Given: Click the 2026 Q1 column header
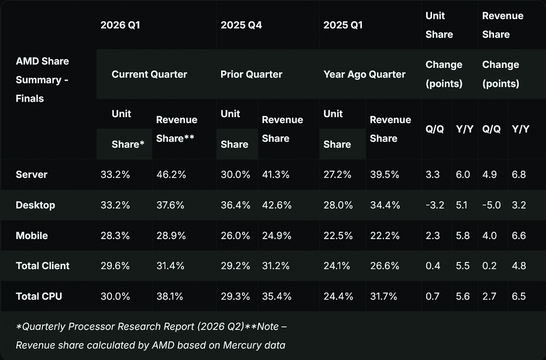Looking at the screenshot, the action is tap(120, 25).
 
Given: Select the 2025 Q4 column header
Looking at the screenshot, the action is tap(241, 25).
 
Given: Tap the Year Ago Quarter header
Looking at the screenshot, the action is tap(364, 74).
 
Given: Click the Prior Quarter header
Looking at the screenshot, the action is tap(252, 74).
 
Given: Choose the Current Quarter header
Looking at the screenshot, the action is tap(149, 74).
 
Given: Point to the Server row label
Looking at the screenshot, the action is tap(32, 174).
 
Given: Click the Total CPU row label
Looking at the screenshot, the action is tap(39, 296).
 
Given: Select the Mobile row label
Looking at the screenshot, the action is tap(32, 236).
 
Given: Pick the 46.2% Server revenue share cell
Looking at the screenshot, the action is tap(171, 174).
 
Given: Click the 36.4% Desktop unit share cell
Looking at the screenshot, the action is tap(236, 205).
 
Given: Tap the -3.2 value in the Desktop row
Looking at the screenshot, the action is tap(435, 205).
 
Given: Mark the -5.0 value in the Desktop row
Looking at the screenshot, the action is tap(491, 205).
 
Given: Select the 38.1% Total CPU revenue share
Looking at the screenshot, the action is tap(170, 296).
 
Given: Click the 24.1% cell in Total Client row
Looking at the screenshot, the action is tap(337, 266).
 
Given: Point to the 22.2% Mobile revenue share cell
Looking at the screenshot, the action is tap(385, 236).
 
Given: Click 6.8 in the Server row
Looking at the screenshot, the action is tap(519, 174).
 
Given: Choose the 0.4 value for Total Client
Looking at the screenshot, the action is tap(433, 266).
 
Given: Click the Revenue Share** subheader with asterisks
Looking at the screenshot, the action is tap(177, 129).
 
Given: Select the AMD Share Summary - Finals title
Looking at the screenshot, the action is tap(42, 80).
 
